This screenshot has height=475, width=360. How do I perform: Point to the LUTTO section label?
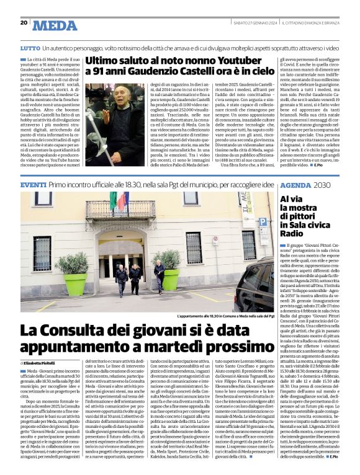pos(29,47)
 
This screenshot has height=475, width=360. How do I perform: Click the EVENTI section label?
pos(33,185)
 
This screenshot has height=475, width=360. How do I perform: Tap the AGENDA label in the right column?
pos(295,185)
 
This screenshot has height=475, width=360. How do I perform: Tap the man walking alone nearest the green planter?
pos(159,277)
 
